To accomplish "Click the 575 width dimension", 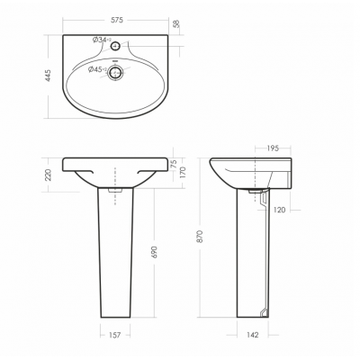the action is tap(117, 20).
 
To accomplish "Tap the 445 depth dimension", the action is tap(48, 76).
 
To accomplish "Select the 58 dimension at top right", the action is tap(176, 23).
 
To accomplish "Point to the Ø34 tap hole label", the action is tap(102, 40).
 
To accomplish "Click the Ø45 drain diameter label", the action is tap(97, 69).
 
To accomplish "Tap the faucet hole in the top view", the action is tap(115, 46).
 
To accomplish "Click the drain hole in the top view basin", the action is tap(115, 72).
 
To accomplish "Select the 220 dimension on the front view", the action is tap(49, 175).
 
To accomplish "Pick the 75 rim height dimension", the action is tap(173, 164).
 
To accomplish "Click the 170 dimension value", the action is tap(183, 173).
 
